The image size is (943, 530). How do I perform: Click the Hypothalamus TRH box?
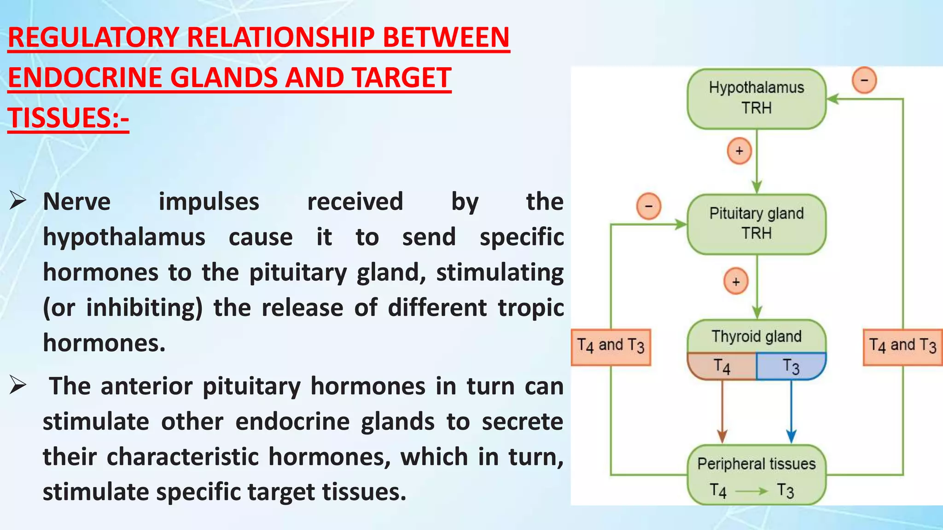(756, 98)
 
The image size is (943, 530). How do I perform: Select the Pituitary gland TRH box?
(756, 224)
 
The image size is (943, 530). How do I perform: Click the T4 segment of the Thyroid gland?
(722, 367)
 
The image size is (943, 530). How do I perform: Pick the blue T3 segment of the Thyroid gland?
(791, 367)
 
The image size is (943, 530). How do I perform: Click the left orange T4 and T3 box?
(611, 347)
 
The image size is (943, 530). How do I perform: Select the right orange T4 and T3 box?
(902, 347)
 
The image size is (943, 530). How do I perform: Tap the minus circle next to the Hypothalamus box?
(864, 81)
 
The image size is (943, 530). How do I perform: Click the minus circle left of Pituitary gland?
(648, 206)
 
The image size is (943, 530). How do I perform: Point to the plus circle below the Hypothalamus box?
(739, 151)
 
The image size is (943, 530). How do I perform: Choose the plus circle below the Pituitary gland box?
(736, 281)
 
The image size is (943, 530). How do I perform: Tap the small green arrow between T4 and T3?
(751, 491)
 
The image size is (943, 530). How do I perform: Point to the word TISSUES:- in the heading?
(68, 118)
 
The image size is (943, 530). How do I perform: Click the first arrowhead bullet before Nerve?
(17, 202)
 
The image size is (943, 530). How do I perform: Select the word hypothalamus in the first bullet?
(124, 237)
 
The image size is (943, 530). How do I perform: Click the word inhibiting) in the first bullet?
(144, 308)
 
